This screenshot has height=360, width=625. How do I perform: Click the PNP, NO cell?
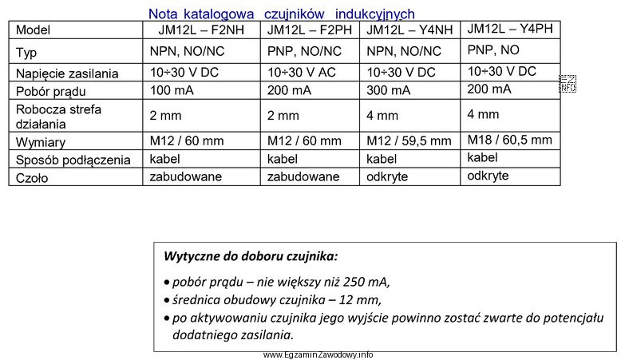point(492,49)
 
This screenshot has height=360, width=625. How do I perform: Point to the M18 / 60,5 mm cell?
point(508,139)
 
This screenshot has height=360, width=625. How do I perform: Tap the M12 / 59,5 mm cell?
point(408,141)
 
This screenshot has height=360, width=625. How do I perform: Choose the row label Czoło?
point(32,178)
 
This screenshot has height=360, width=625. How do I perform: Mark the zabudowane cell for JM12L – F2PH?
point(303,177)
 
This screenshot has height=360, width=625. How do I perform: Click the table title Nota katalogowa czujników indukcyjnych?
point(281,14)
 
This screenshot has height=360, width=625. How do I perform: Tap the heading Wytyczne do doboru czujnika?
point(251,256)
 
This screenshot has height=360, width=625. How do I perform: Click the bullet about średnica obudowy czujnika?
point(275,300)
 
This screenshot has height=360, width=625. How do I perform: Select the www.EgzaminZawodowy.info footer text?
point(317,354)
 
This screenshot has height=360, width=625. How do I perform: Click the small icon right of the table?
point(568,84)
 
